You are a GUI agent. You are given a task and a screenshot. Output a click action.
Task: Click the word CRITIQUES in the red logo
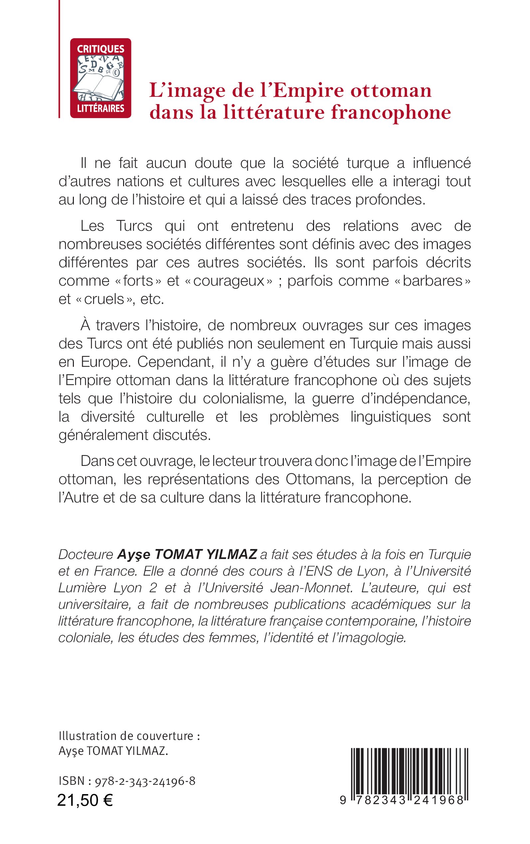pyautogui.click(x=100, y=49)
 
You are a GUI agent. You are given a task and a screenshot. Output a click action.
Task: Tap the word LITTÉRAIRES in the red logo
pyautogui.click(x=100, y=109)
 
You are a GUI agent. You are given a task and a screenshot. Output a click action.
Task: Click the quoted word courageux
pyautogui.click(x=228, y=281)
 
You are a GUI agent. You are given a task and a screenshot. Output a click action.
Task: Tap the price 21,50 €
pyautogui.click(x=85, y=800)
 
